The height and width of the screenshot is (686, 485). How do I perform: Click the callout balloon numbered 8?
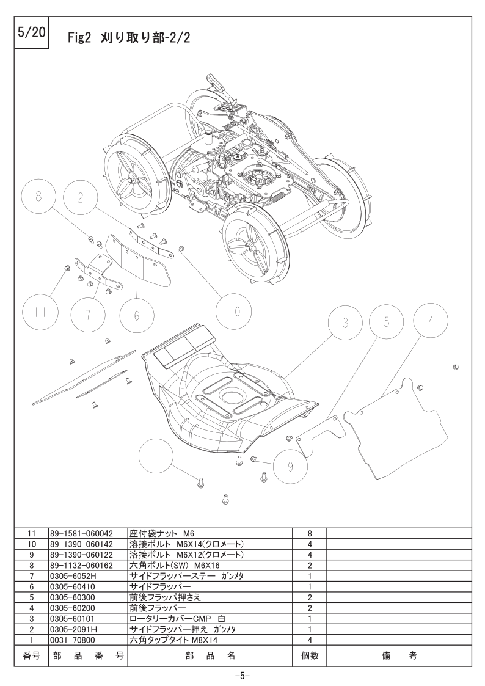39,197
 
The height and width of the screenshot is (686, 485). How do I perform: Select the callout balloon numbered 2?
81,197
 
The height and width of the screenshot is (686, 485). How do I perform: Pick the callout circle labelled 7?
88,315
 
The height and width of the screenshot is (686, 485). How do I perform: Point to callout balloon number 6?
136,316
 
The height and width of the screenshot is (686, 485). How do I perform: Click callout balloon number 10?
234,311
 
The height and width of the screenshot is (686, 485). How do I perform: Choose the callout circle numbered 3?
346,323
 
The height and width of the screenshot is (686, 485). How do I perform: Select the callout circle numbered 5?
386,321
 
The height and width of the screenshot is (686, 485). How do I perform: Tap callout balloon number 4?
431,321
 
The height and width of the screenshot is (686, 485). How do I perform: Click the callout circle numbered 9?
291,467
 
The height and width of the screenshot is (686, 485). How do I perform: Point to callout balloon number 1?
156,456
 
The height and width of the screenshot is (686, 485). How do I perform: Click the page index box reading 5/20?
32,33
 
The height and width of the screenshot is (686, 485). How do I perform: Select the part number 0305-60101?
72,619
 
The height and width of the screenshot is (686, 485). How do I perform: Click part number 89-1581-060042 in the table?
81,533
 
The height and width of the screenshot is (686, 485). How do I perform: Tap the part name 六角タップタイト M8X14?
173,640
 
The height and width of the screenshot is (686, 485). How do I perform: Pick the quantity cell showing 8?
310,533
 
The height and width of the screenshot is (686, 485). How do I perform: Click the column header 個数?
310,655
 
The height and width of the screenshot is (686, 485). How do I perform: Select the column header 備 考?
399,655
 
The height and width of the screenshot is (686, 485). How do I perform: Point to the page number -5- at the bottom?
242,676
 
